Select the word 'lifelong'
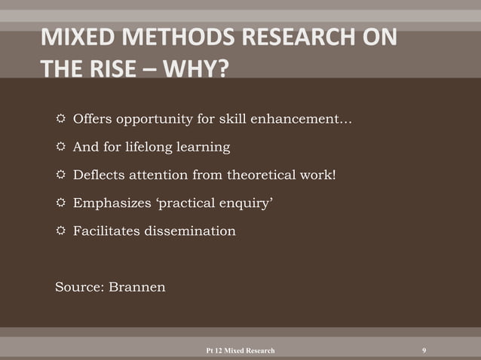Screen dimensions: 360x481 (x=153, y=146)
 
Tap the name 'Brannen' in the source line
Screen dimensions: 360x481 (x=138, y=286)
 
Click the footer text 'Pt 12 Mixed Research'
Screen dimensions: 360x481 (x=240, y=351)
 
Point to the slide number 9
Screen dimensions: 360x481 (x=424, y=350)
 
